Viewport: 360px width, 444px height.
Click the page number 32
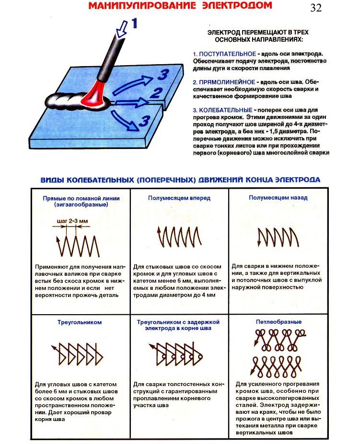(x=316, y=8)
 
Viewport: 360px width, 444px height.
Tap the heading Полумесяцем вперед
(x=179, y=197)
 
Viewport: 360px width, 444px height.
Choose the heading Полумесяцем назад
(x=278, y=197)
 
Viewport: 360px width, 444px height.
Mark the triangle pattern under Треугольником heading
(x=77, y=354)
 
